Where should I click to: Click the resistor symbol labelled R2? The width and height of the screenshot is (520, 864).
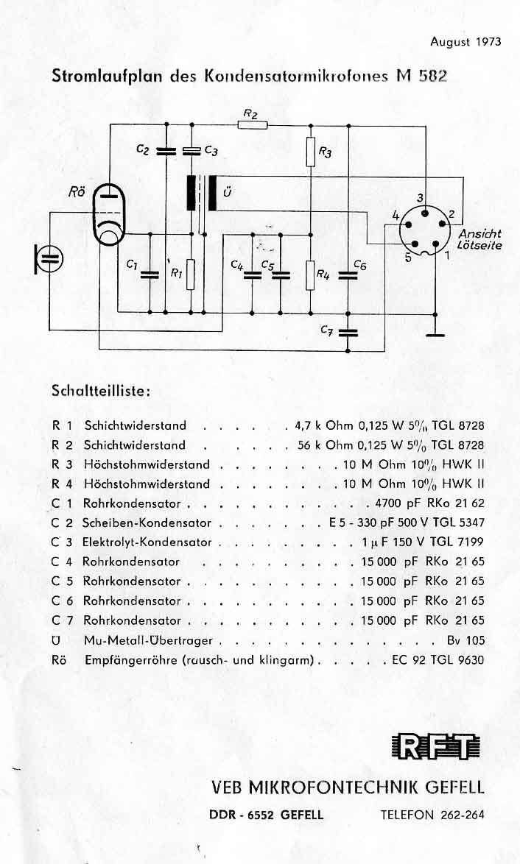click(253, 125)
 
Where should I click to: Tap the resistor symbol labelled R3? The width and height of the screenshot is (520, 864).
click(311, 152)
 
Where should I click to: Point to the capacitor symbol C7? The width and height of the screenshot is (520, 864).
click(348, 332)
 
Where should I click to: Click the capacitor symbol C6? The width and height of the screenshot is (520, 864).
click(348, 275)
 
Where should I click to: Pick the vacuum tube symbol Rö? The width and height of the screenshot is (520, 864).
click(110, 213)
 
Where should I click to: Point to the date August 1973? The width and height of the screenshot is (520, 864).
click(465, 42)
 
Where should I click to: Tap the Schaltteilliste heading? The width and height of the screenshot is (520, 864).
click(101, 391)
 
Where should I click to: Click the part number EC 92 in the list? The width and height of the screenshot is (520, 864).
click(410, 660)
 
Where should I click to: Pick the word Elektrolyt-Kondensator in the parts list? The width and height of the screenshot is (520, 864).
click(147, 542)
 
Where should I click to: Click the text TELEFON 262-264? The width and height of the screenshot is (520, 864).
click(432, 815)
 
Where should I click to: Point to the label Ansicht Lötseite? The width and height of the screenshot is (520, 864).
click(479, 240)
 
